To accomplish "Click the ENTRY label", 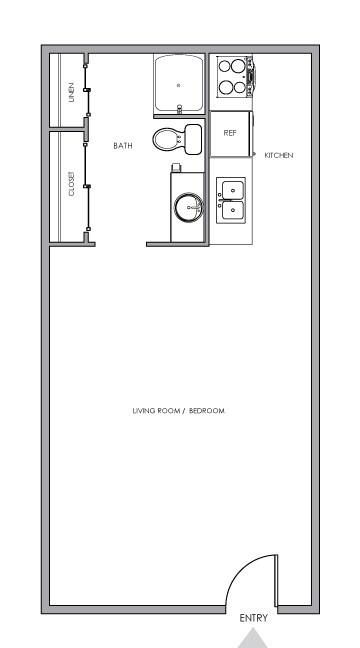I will click(253, 618).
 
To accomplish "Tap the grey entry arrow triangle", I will click(254, 638).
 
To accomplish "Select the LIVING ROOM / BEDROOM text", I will click(178, 411).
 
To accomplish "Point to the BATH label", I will click(123, 146).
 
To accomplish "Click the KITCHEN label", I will click(279, 155).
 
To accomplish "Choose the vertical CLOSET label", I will click(72, 187).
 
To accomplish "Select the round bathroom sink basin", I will click(187, 208).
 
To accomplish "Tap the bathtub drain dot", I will click(179, 86).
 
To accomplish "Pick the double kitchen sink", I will click(231, 199).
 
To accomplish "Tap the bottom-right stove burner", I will click(239, 87).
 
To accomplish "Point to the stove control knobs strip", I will click(251, 77).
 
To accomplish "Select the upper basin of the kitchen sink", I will click(231, 189).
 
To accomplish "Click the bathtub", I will click(179, 83).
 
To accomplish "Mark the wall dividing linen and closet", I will click(68, 130).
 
